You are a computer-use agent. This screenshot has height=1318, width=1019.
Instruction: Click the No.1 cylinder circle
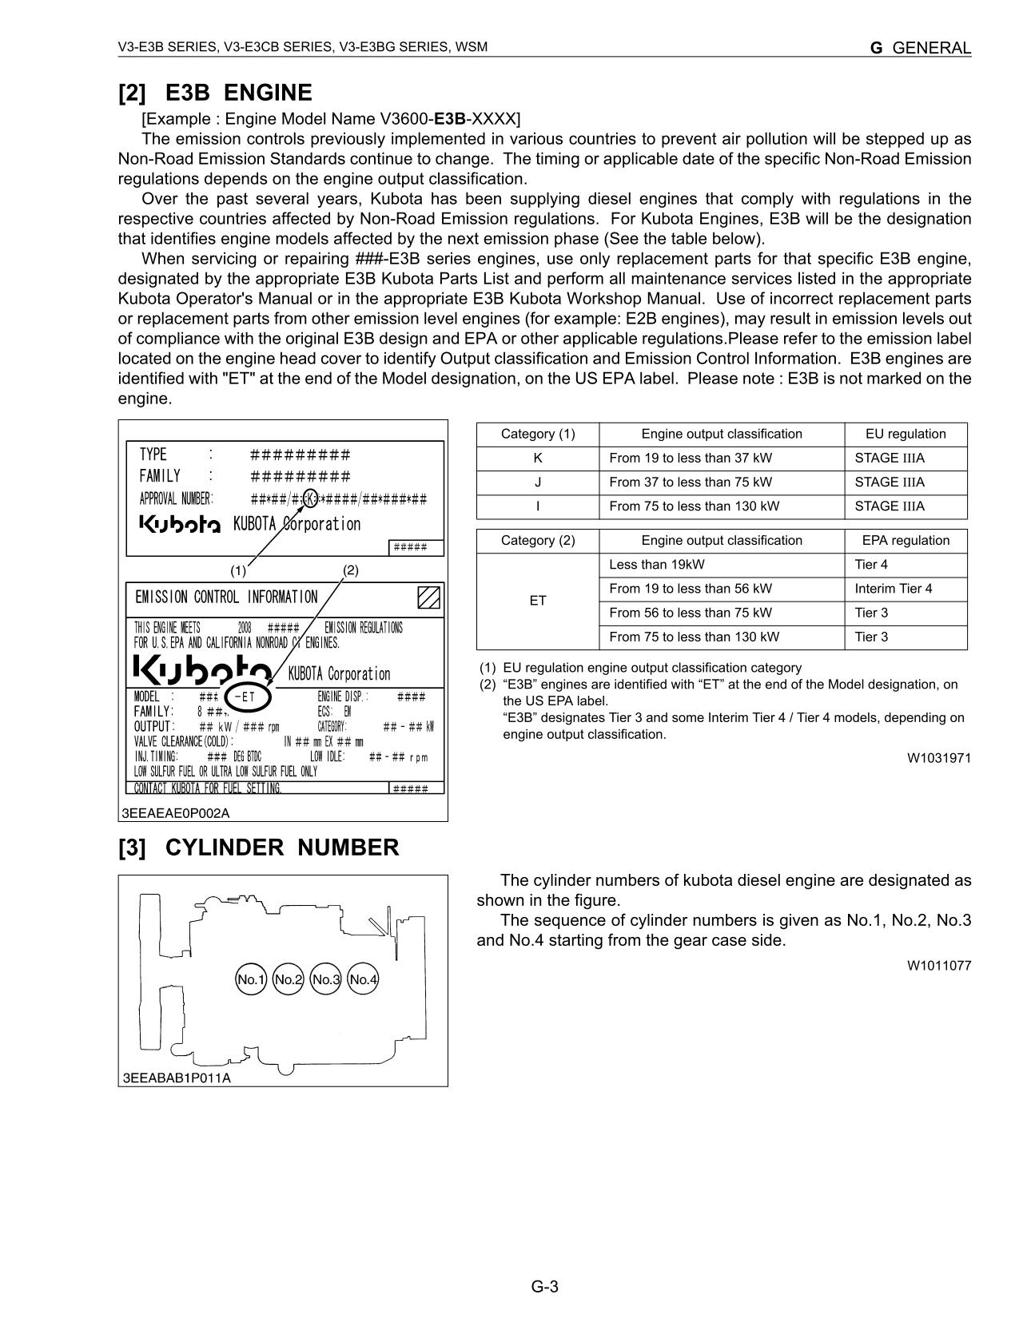point(250,979)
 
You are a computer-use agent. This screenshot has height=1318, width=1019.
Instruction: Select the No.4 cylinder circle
point(363,979)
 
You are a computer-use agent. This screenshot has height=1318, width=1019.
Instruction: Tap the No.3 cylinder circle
point(325,979)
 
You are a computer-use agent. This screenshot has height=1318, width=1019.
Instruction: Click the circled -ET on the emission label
point(249,697)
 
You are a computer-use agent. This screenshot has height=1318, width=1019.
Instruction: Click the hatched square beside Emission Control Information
point(428,597)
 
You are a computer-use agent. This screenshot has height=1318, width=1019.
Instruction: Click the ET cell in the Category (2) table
point(538,601)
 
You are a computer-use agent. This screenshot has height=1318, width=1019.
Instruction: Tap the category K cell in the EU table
point(538,459)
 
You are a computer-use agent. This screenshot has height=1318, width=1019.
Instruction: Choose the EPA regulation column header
point(906,541)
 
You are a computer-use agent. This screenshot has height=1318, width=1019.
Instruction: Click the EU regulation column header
point(906,435)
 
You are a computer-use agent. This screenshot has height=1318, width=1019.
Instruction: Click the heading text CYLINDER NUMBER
point(282,848)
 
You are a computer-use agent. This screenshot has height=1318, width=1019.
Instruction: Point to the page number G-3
point(544,1287)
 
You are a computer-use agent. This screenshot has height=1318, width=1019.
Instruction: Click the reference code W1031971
point(938,758)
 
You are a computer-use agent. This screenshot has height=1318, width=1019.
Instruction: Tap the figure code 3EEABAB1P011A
point(177,1078)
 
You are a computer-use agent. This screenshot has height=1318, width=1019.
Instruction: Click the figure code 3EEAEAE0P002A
point(176,813)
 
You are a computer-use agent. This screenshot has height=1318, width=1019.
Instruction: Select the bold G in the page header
point(877,48)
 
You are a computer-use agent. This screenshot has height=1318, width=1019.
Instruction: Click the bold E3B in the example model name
point(450,119)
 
